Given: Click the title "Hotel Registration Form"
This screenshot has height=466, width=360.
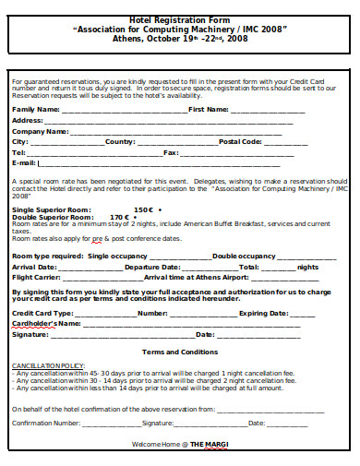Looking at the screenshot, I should point(180,17).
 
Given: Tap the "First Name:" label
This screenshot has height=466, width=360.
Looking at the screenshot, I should point(209,109).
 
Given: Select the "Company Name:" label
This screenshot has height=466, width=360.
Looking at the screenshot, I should point(40,131).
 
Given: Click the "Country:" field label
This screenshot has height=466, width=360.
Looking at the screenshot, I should point(120,141).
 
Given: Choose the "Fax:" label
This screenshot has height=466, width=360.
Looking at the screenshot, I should point(171,152).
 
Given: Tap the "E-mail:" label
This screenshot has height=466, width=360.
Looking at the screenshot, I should point(24,163).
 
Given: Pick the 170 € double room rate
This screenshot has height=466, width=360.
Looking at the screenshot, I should point(122,217).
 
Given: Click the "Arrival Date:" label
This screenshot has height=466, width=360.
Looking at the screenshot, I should point(34,266).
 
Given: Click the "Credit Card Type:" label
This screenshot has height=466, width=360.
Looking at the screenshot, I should point(42,314).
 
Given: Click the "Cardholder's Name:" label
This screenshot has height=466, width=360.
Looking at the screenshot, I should point(46,324).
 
